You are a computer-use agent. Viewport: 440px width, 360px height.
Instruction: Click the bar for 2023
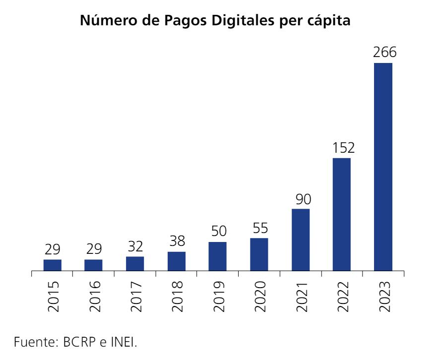tap(383, 167)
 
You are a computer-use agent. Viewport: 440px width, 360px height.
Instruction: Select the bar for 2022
tap(342, 215)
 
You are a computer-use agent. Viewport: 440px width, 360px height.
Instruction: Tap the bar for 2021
tap(301, 240)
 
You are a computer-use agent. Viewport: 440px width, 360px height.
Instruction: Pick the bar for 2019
tap(217, 256)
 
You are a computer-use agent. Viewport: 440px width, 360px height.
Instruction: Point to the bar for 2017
tap(135, 264)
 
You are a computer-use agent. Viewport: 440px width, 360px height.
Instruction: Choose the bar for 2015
tap(52, 265)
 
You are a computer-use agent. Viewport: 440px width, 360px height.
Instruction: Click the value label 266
tap(383, 53)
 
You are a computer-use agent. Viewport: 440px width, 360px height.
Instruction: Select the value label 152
tap(342, 148)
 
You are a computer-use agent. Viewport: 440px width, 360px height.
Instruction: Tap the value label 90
tap(301, 199)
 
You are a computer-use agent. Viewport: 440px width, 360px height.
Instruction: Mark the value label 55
tap(259, 229)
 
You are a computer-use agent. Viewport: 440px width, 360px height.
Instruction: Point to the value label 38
tap(176, 242)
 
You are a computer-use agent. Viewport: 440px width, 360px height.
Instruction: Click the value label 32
tap(135, 247)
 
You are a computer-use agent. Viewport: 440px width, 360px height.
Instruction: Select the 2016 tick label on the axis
tap(94, 296)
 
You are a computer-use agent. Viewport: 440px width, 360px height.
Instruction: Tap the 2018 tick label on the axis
tap(177, 296)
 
